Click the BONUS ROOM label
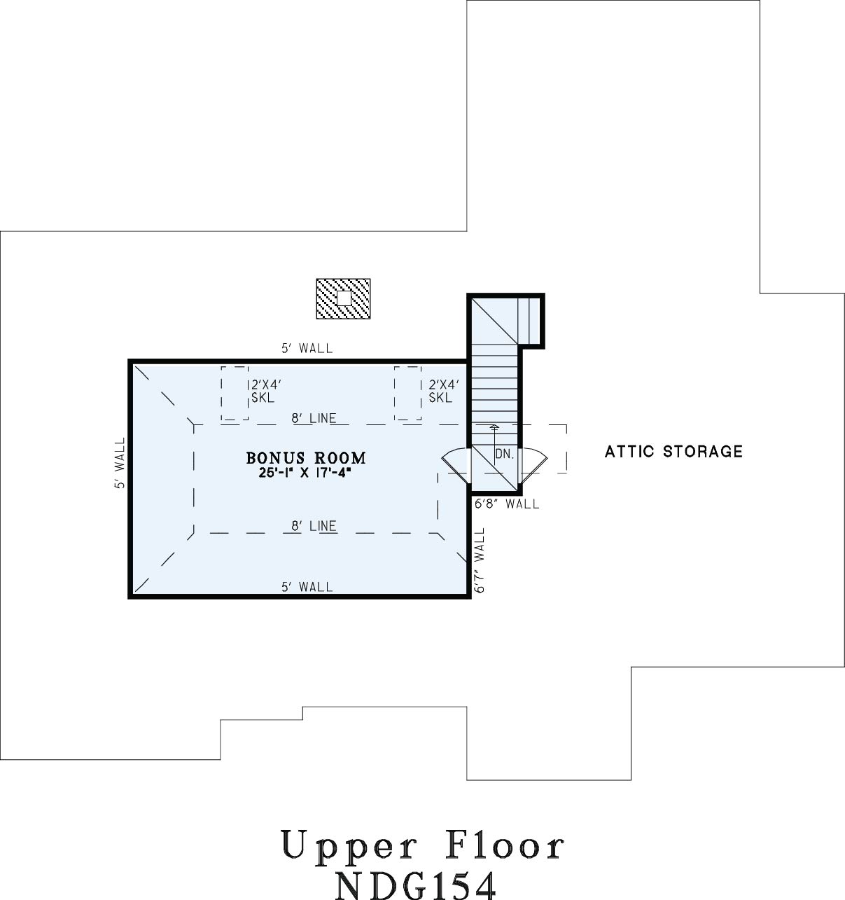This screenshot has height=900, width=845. (306, 458)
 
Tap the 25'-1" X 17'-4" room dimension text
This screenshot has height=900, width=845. (306, 473)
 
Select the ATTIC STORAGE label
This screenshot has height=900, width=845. (673, 451)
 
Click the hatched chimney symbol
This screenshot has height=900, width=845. (344, 298)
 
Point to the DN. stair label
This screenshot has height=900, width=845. (505, 454)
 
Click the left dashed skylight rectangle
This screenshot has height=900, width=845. (235, 394)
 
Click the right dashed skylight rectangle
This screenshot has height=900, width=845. (407, 394)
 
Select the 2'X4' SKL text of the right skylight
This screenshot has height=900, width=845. (444, 391)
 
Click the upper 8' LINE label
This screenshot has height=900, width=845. (314, 418)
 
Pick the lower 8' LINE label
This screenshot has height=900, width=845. (314, 526)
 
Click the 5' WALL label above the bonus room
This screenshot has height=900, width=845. (307, 349)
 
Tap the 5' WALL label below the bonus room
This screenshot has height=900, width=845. (307, 588)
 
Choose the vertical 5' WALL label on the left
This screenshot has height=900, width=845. (120, 463)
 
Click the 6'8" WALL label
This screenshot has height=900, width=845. (507, 504)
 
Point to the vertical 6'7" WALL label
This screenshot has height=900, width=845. (480, 560)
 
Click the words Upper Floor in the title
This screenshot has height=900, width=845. (423, 845)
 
